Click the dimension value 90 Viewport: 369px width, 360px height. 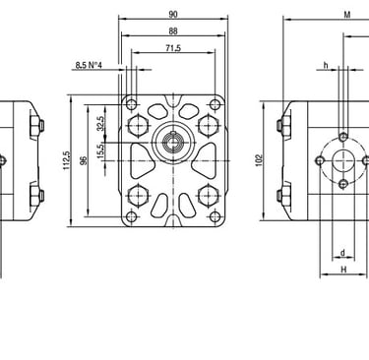pyautogui.click(x=173, y=14)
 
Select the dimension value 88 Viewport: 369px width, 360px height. pyautogui.click(x=173, y=30)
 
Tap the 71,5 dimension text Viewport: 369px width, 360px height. pyautogui.click(x=173, y=48)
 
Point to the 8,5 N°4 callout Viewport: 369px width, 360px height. pyautogui.click(x=89, y=65)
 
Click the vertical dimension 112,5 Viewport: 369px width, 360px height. pyautogui.click(x=67, y=160)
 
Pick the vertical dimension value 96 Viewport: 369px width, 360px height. pyautogui.click(x=84, y=160)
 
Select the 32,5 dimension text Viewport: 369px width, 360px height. pyautogui.click(x=100, y=124)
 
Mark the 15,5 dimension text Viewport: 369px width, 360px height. pyautogui.click(x=100, y=151)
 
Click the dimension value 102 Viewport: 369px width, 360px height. pyautogui.click(x=260, y=160)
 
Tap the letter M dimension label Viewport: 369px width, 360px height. pyautogui.click(x=347, y=15)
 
